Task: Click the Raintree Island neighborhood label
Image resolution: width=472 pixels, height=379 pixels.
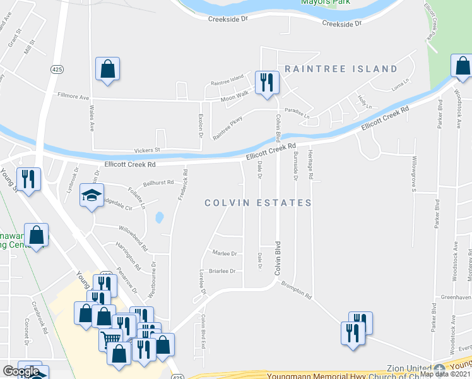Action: [341, 69]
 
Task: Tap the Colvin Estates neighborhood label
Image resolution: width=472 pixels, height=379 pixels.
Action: [258, 203]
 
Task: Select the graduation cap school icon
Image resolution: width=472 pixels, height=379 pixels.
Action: [91, 196]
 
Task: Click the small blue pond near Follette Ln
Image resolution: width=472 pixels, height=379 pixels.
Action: [159, 218]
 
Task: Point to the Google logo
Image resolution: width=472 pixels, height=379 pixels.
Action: [20, 371]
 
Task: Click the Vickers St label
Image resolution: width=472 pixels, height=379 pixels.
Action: [147, 150]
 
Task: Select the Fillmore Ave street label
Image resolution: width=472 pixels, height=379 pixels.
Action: [74, 97]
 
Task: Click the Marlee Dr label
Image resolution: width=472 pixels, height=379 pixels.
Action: [225, 253]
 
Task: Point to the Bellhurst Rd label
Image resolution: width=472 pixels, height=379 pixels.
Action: [158, 183]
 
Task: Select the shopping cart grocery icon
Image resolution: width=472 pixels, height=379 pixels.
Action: [110, 339]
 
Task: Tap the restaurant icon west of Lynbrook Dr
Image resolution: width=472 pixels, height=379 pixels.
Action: [29, 179]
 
